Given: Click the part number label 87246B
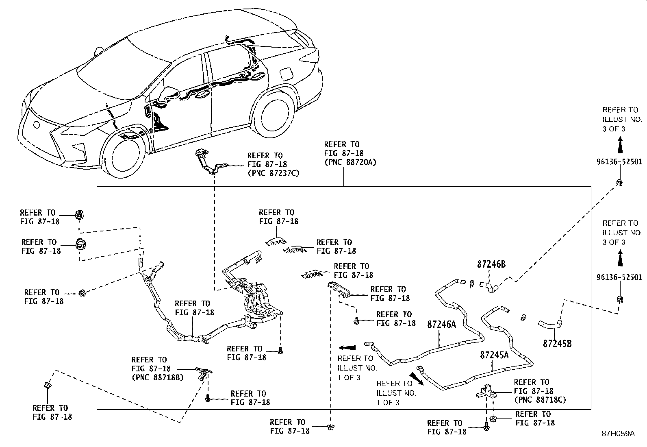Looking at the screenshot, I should pyautogui.click(x=491, y=264).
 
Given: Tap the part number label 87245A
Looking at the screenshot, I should pyautogui.click(x=494, y=355).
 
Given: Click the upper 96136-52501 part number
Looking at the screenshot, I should pyautogui.click(x=619, y=162).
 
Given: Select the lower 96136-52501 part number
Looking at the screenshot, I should pyautogui.click(x=619, y=277).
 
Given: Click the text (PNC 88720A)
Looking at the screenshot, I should pyautogui.click(x=350, y=162).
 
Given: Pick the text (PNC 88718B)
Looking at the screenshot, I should pyautogui.click(x=157, y=377).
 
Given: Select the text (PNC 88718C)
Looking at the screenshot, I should pyautogui.click(x=540, y=400).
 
